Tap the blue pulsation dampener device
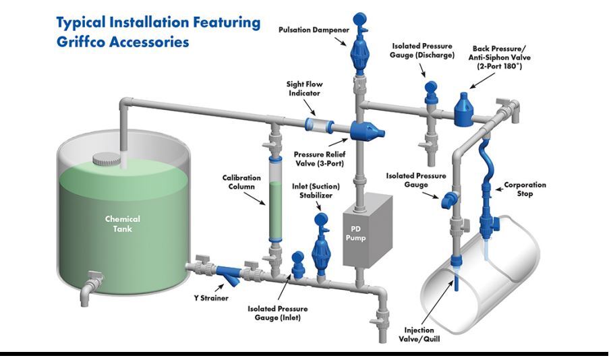(358, 49)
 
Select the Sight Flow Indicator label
(305, 89)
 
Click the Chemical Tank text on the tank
(122, 224)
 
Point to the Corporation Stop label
(525, 189)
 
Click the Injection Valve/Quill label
(422, 334)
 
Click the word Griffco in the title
(88, 41)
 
